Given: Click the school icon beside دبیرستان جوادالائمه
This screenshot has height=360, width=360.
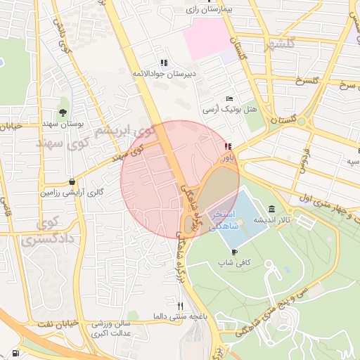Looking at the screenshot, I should click(x=164, y=63).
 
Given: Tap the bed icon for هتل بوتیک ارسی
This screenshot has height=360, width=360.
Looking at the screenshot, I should click(x=229, y=99).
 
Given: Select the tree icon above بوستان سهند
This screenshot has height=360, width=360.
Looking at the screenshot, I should click(x=63, y=112).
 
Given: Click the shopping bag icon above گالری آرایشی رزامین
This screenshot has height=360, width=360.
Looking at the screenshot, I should click(x=72, y=181).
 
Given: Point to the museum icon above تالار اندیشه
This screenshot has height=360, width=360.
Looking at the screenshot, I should click(x=271, y=209).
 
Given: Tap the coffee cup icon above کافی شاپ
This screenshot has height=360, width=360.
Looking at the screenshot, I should click(x=234, y=252).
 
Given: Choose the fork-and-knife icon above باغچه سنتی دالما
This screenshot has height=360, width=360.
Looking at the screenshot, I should click(x=180, y=306).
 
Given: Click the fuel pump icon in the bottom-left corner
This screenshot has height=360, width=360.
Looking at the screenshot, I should click(x=15, y=353).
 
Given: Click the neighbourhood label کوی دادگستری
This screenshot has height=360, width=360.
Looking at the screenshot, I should click(x=49, y=232).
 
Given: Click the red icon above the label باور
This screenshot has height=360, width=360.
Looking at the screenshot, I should click(x=227, y=147).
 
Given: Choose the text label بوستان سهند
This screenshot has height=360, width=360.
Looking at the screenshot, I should click(x=64, y=123).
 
